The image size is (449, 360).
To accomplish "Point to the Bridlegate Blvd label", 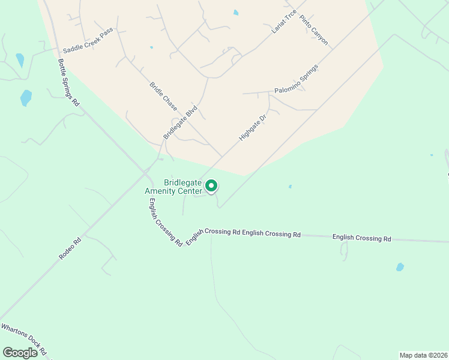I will click(x=181, y=123).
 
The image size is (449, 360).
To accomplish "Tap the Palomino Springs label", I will click(x=296, y=79).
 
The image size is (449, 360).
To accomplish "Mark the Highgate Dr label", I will click(x=252, y=127).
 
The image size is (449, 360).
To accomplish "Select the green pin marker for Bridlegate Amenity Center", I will click(x=211, y=186).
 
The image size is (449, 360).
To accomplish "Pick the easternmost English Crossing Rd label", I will click(x=361, y=238).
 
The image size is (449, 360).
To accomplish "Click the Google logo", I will click(x=20, y=353).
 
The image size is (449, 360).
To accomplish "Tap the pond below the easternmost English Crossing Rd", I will click(x=400, y=267).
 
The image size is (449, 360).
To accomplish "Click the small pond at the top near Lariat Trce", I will click(x=236, y=13).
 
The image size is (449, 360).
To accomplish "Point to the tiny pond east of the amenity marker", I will click(x=290, y=187).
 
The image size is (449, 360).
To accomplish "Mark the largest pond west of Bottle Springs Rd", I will click(x=26, y=98).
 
